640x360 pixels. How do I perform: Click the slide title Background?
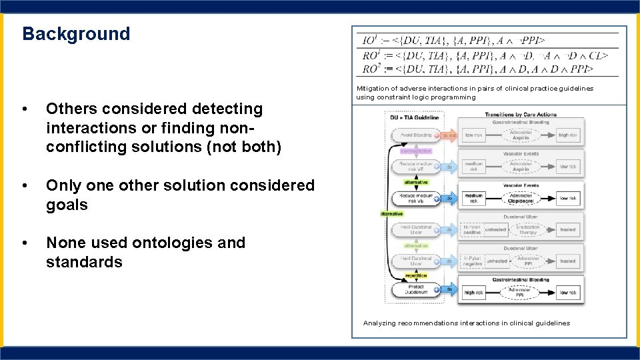76,34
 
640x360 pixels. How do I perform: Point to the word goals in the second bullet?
67,205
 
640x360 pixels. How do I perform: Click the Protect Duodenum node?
417,289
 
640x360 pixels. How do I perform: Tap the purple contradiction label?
416,151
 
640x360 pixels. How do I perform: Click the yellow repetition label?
416,275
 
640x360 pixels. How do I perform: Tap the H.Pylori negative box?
473,261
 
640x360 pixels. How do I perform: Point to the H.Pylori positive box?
473,229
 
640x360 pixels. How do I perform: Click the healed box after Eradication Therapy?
568,229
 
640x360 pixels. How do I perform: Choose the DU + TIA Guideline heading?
414,117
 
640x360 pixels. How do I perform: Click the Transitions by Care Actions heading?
521,115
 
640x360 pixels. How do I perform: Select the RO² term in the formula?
371,69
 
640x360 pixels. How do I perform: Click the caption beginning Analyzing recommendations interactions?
467,323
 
